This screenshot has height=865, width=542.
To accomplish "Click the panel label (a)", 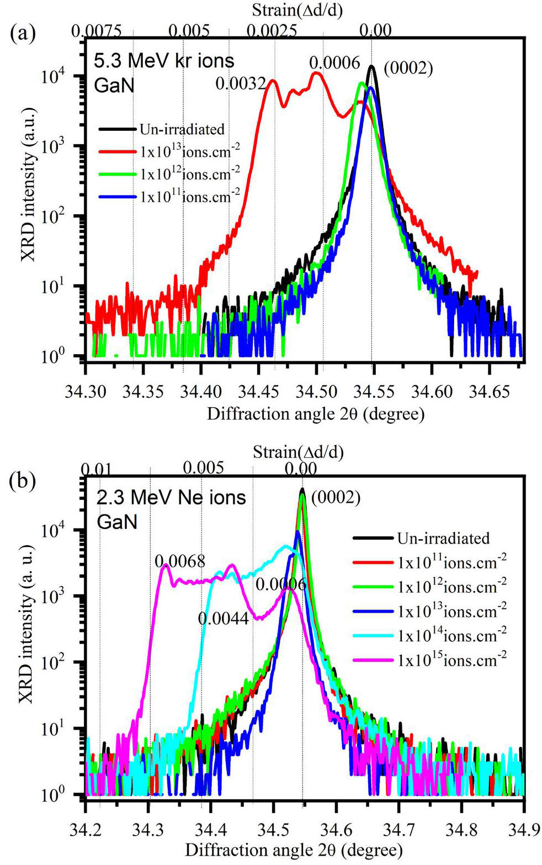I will [x=23, y=34].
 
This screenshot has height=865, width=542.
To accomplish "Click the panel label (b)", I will [x=23, y=480].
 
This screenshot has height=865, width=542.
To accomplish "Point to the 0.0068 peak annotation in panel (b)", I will [x=180, y=561].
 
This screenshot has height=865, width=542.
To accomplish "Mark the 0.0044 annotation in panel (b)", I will [x=223, y=618].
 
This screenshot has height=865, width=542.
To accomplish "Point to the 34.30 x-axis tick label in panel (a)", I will [x=86, y=392].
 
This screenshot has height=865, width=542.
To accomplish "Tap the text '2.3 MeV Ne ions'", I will [x=171, y=497].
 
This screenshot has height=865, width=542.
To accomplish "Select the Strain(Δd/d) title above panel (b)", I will [x=298, y=452].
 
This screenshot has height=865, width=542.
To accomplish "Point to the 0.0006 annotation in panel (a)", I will [x=334, y=62].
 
